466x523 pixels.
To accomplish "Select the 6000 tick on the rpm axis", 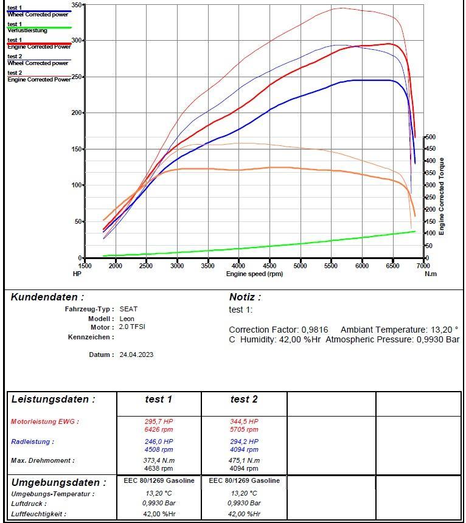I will click(x=362, y=266).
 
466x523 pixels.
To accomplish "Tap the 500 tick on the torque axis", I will click(x=431, y=137).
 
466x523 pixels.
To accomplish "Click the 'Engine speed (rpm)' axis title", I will click(x=254, y=274).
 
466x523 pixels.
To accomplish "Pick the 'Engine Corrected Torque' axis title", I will click(x=442, y=196).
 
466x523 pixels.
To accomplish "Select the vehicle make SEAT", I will click(x=128, y=309).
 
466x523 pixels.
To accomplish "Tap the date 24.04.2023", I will click(x=136, y=355).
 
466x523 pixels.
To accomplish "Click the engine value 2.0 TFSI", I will click(x=132, y=327).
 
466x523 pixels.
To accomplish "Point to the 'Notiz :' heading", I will click(x=245, y=297).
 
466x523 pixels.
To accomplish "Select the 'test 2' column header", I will click(x=244, y=400).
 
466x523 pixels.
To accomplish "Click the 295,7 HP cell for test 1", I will click(x=159, y=421).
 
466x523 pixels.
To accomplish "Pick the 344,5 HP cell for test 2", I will click(x=244, y=421).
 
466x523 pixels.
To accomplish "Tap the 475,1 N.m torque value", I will click(x=244, y=461).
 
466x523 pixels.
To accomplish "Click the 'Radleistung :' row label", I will click(x=32, y=442).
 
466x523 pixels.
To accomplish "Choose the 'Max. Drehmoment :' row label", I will click(x=43, y=461).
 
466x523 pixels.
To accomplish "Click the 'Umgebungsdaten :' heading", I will click(x=58, y=482).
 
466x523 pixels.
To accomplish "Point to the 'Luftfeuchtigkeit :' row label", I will click(x=38, y=514).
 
